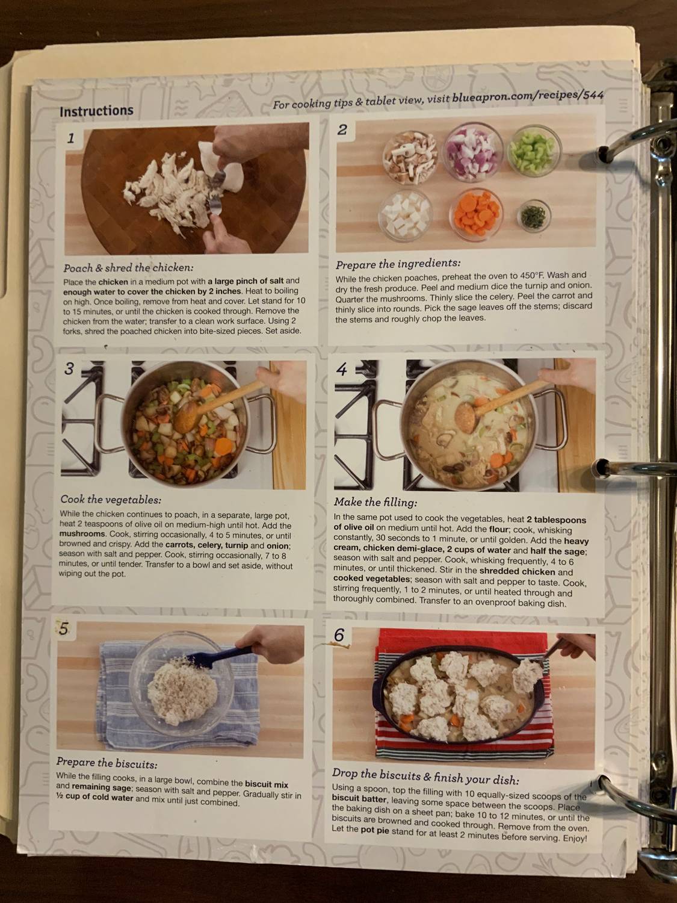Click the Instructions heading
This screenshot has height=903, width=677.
pos(96,111)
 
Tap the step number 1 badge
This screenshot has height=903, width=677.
pos(72,138)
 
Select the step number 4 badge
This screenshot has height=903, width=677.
pos(342,369)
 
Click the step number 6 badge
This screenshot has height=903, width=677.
pos(339,635)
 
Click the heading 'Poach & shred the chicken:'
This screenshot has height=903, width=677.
pos(128,268)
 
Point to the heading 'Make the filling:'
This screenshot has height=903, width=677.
pos(375,502)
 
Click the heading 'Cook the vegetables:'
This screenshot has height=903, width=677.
pos(111,500)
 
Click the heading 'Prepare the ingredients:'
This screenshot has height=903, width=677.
pos(398,264)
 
